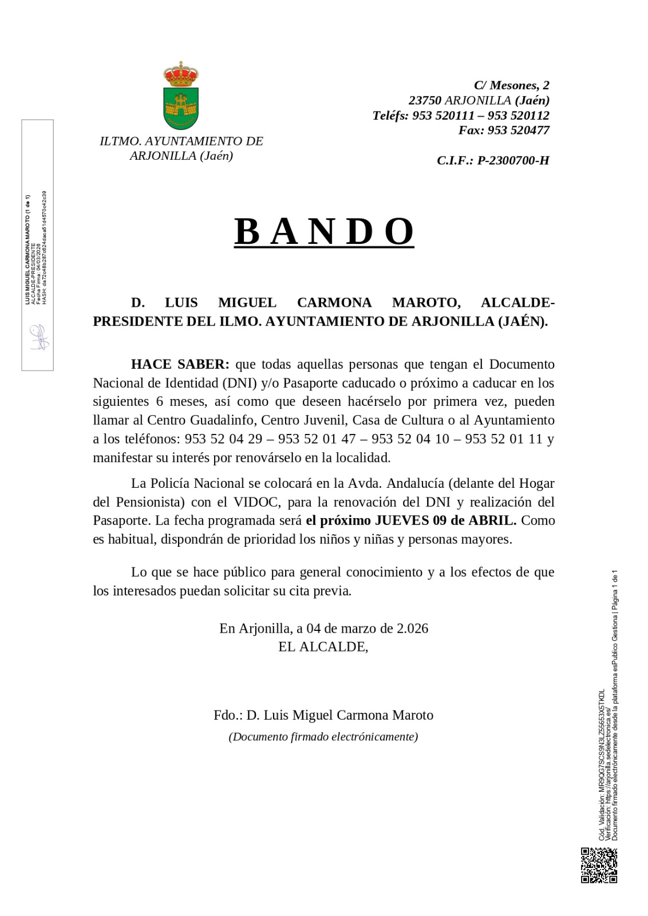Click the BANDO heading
tap(324, 231)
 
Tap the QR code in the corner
tap(599, 865)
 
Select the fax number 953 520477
tap(519, 130)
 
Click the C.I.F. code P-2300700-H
tap(513, 160)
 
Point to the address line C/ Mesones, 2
tap(511, 85)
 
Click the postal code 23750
tap(425, 100)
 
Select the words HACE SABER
tap(180, 364)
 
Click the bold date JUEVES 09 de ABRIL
tap(445, 520)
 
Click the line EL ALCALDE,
tap(323, 647)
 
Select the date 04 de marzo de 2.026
tap(368, 628)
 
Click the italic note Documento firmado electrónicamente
tap(323, 737)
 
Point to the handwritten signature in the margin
tap(38, 337)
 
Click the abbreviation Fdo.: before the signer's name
tap(228, 715)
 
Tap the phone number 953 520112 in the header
tap(518, 115)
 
